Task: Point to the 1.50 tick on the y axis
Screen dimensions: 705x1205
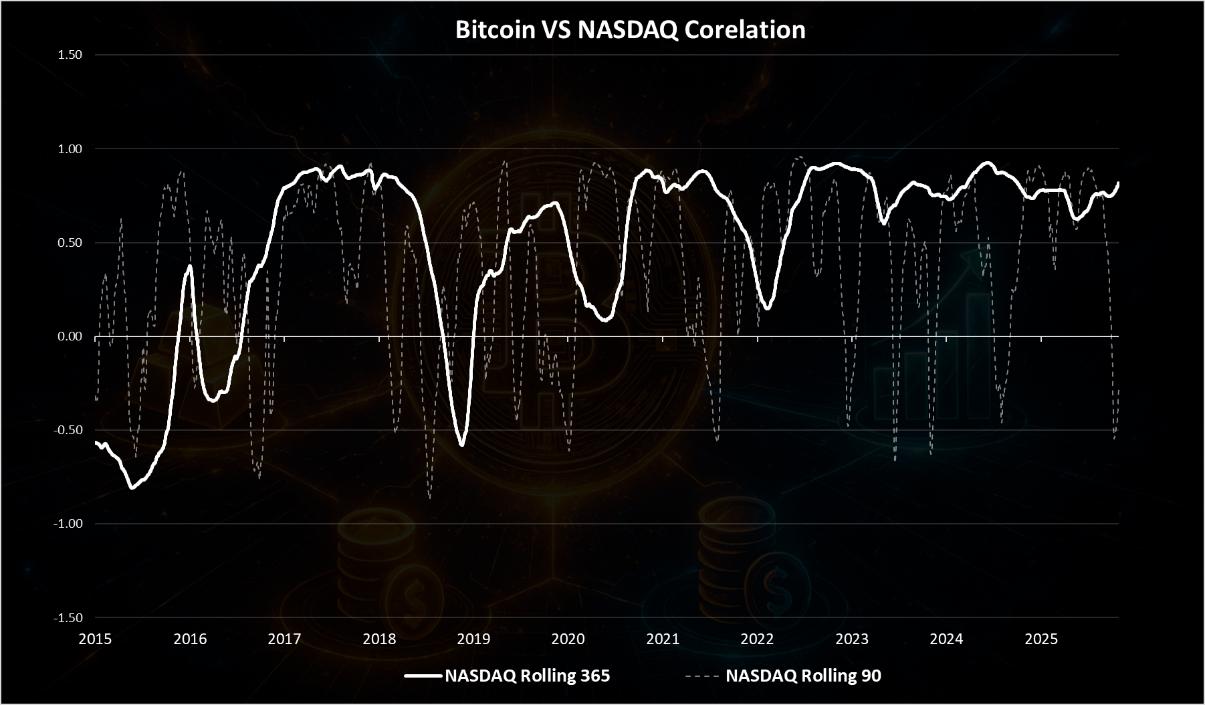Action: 70,55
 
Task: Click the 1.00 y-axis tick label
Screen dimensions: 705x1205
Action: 70,148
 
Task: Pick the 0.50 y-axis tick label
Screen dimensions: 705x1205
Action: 70,242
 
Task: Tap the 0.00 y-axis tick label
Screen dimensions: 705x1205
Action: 70,336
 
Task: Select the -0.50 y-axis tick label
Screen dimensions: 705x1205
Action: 68,429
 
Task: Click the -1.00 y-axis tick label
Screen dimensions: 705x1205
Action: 68,523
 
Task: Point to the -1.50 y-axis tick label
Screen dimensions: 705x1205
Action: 68,617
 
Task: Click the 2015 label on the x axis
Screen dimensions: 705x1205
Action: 95,639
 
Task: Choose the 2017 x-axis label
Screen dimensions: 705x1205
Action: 284,639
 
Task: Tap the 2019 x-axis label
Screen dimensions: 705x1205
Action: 473,639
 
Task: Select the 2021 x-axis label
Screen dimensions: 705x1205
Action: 663,639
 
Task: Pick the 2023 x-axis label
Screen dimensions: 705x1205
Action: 852,639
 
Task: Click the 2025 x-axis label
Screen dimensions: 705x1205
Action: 1041,639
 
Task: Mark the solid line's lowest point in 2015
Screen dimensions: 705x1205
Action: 132,488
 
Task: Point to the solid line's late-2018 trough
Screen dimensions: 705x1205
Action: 461,445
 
